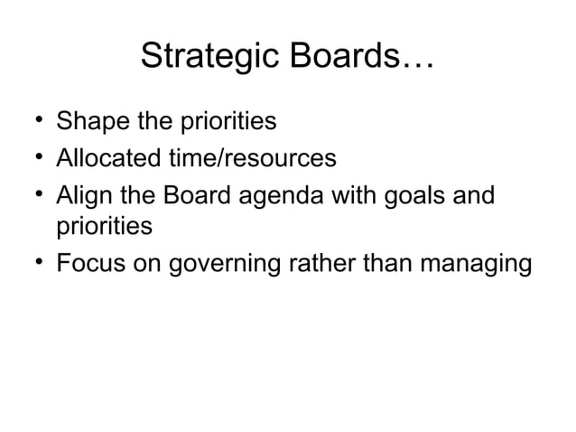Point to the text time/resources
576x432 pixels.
pyautogui.click(x=256, y=160)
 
